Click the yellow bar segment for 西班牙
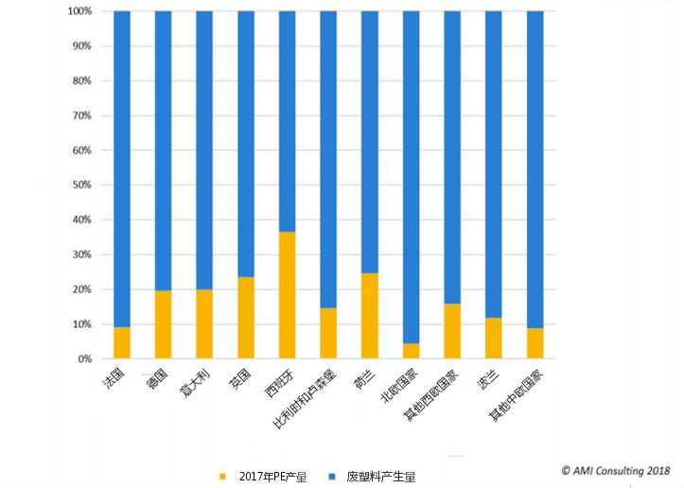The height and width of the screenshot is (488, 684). pos(287,295)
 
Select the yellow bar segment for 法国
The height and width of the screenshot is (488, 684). pos(122,342)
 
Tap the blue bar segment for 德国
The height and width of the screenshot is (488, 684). pos(163,151)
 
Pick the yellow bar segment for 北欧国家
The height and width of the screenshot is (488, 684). pos(411,351)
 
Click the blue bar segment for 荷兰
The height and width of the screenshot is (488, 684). pos(370,142)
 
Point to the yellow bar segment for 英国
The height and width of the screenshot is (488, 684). pos(246,318)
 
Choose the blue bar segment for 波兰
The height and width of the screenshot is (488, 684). pos(493,165)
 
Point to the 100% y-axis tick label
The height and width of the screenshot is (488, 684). pos(79,11)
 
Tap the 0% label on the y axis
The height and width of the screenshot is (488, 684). pos(83,359)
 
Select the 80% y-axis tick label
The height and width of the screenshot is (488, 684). pos(80,81)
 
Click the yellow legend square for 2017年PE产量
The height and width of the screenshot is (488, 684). pos(224,476)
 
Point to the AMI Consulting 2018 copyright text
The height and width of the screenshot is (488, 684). pos(615,470)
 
